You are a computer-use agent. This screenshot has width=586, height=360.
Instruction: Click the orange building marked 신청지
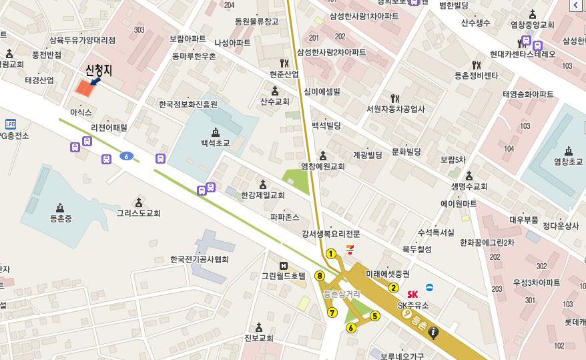coord(84,87)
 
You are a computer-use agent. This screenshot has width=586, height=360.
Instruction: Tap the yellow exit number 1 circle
coord(330,253)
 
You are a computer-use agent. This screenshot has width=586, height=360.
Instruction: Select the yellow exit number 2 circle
coord(394,289)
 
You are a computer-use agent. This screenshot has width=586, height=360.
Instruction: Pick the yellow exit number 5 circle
coord(375,317)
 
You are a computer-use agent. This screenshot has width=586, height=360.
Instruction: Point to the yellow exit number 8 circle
coord(320,276)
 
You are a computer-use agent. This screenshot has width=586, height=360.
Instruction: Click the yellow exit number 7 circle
coord(332,312)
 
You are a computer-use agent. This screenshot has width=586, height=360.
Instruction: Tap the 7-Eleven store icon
coord(350,248)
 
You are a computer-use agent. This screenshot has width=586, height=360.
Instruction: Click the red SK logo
coord(412,294)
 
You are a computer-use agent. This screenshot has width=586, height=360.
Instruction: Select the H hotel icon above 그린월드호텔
coord(283,265)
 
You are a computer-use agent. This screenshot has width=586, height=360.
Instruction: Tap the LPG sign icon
coord(10,124)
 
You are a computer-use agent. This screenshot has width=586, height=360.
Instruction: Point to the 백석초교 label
coord(215,143)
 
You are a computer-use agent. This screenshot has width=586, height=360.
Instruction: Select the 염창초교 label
coord(568,162)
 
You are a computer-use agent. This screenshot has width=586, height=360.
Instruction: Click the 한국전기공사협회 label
coord(199,259)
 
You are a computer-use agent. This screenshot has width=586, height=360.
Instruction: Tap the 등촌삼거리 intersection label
coord(341,294)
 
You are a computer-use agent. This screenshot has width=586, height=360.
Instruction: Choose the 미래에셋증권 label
coord(388,275)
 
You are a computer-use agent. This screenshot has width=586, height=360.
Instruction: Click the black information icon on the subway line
coord(434,332)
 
